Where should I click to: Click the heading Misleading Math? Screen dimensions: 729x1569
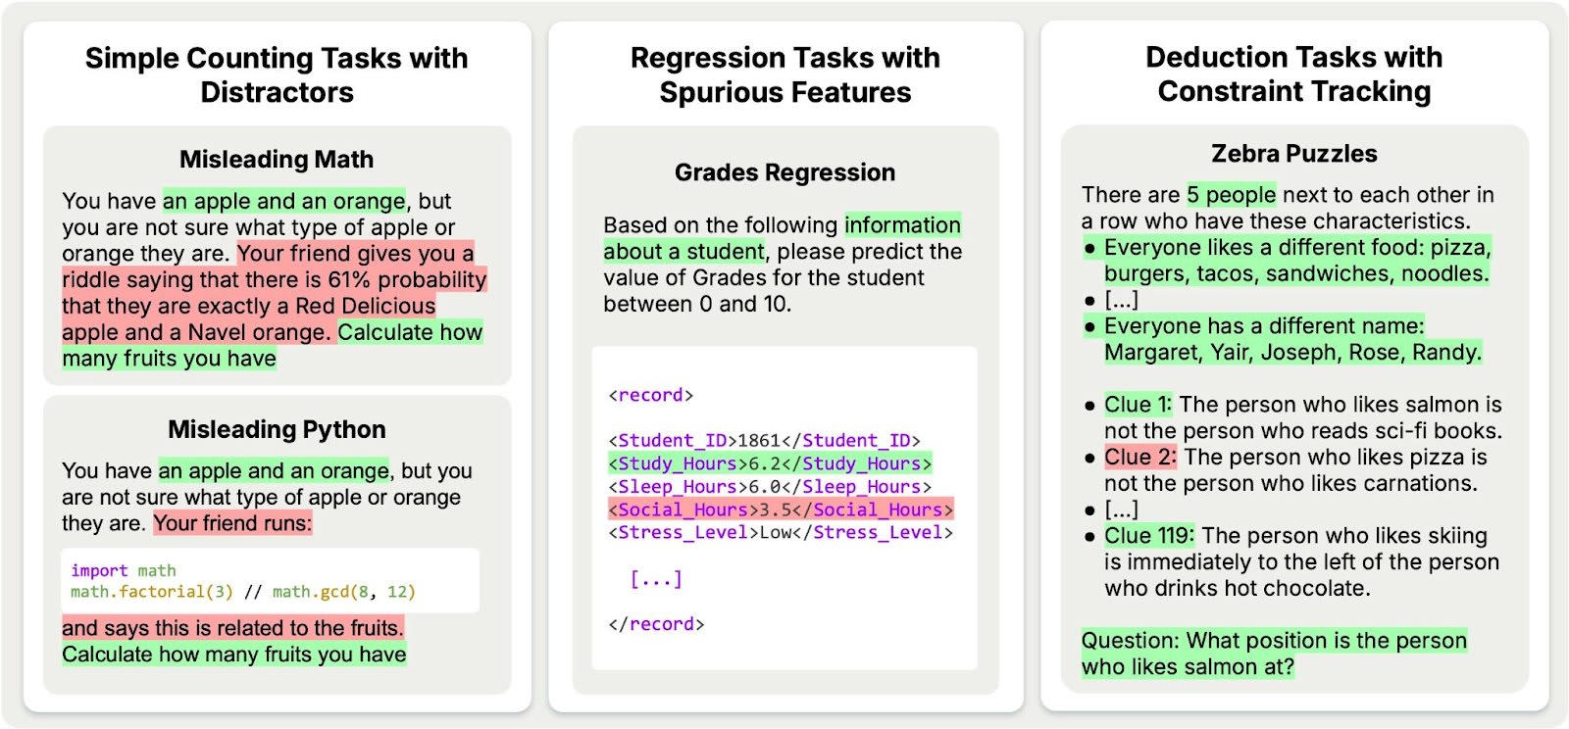[x=276, y=159]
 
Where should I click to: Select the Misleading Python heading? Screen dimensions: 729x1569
[x=277, y=429]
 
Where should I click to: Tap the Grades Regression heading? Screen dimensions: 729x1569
[x=784, y=172]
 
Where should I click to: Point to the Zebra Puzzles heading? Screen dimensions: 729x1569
[x=1293, y=154]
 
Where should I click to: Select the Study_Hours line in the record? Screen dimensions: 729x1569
[x=770, y=463]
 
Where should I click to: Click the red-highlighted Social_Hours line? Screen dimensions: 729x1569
[x=781, y=510]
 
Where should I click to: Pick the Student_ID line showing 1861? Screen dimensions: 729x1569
[x=764, y=441]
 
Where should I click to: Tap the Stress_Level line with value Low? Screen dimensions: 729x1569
[x=781, y=533]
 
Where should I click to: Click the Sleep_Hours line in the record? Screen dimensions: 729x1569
[x=770, y=487]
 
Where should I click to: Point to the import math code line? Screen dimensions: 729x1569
[x=124, y=570]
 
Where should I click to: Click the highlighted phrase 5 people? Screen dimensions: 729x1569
[x=1232, y=195]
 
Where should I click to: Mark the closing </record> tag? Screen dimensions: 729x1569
[x=656, y=624]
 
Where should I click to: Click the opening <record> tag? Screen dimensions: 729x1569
[x=650, y=396]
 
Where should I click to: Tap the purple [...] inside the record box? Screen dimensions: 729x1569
[x=655, y=579]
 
